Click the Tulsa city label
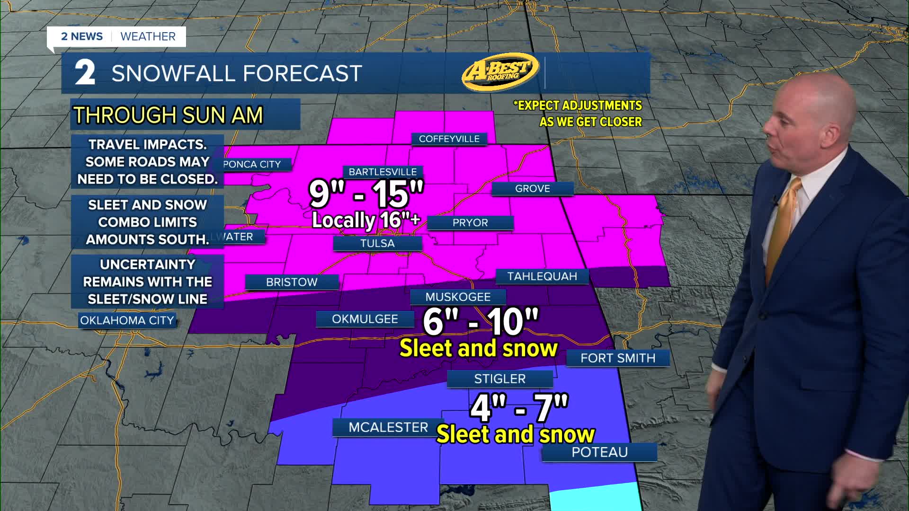pos(377,243)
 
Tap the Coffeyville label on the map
pos(449,139)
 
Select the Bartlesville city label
pos(383,172)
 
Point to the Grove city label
pos(532,188)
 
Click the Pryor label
pos(470,222)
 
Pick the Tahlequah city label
pos(542,276)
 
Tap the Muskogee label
pos(458,297)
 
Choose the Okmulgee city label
pos(365,319)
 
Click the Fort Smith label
pos(618,358)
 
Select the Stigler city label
pos(500,379)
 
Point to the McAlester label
pos(388,427)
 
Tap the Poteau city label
pos(599,452)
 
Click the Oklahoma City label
pos(127,320)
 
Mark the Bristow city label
pos(292,282)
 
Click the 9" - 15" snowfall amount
pos(366,193)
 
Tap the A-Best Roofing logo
pos(500,71)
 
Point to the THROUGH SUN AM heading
pos(168,115)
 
